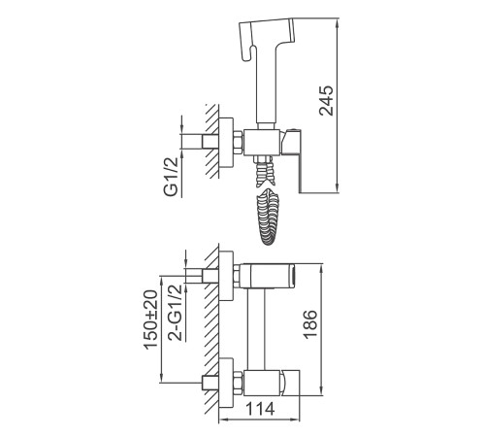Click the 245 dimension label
(x=326, y=101)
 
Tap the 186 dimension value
(x=310, y=324)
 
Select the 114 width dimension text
(x=260, y=409)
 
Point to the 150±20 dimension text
(x=150, y=319)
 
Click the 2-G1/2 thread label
(x=175, y=313)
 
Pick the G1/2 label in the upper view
(x=171, y=177)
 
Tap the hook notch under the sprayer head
(x=248, y=53)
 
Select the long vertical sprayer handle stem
(x=266, y=85)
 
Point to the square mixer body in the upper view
(x=262, y=143)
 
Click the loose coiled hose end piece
(x=268, y=217)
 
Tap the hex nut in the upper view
(x=238, y=143)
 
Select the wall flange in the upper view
(x=226, y=143)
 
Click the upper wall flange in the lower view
(x=226, y=276)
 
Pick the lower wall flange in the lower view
(x=226, y=383)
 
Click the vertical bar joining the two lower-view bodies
(x=256, y=329)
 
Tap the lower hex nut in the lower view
(x=238, y=383)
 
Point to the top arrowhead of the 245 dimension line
(x=338, y=23)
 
